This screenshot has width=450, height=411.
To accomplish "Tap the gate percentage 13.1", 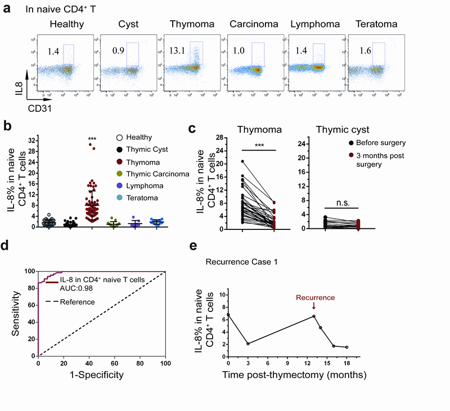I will pos(178,51).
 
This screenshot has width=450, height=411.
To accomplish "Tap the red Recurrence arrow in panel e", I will pos(314,306).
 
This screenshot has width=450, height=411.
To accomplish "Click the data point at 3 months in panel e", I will pos(247,344).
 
